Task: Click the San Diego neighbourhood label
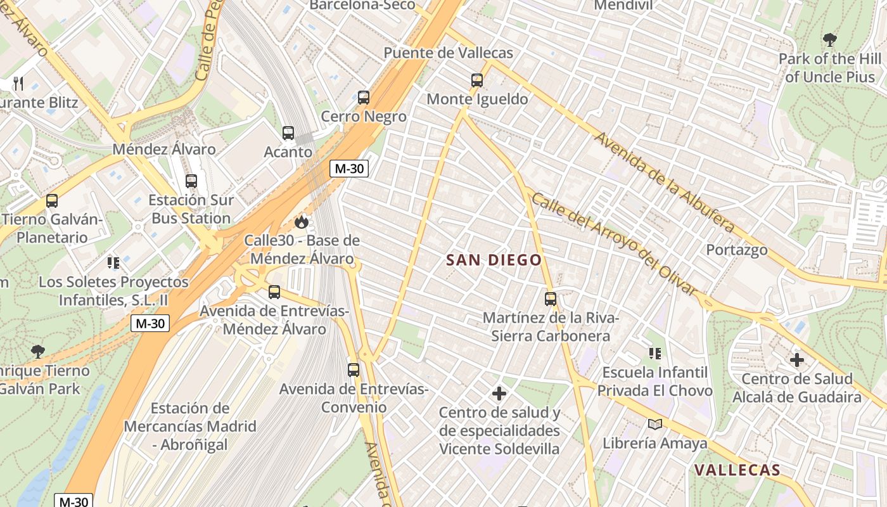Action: click(494, 260)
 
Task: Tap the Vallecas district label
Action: click(737, 470)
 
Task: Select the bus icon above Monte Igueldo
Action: click(477, 80)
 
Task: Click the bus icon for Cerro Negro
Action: click(363, 98)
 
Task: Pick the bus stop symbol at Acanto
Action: click(288, 133)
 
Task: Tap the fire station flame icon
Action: click(302, 222)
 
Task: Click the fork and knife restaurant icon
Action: click(18, 83)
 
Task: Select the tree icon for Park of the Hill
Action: click(829, 40)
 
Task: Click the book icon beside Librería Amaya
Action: click(654, 425)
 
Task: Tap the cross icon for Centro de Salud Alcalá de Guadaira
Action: click(796, 361)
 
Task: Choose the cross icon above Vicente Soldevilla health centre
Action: click(499, 394)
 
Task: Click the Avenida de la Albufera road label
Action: click(665, 183)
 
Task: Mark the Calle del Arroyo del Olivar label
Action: click(613, 244)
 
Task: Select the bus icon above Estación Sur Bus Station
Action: click(191, 181)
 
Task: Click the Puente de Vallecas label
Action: click(448, 53)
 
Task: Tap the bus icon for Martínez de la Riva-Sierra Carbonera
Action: click(551, 298)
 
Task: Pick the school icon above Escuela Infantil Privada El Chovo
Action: click(654, 353)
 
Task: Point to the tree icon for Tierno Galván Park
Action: click(38, 351)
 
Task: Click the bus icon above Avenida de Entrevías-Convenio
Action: click(354, 369)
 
